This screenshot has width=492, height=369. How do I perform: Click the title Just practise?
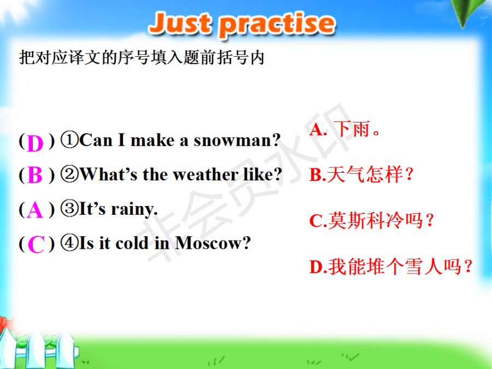242,24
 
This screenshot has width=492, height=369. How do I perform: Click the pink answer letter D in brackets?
35,143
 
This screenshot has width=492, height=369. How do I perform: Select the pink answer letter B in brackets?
35,174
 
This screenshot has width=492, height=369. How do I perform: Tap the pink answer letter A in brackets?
35,210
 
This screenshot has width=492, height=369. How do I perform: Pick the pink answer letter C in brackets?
36,244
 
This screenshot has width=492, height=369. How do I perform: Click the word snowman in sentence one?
237,140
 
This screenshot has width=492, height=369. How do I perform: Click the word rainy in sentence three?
134,209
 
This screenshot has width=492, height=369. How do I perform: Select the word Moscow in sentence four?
213,243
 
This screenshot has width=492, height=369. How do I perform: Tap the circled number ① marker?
69,140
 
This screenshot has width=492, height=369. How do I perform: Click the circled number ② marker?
69,174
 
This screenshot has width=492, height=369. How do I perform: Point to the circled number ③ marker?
69,209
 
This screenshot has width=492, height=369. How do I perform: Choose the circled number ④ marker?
69,243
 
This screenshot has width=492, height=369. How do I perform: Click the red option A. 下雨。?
344,129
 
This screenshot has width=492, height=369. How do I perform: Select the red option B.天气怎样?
361,174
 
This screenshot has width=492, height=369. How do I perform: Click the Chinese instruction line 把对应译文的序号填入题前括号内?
142,57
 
